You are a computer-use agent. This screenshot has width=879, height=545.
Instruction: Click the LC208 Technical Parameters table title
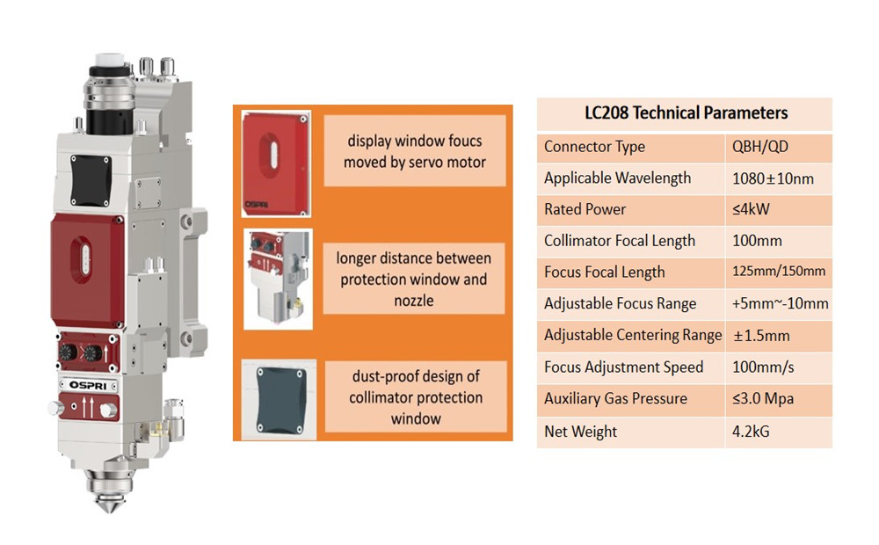pos(686,113)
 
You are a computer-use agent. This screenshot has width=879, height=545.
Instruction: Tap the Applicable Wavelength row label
pos(617,178)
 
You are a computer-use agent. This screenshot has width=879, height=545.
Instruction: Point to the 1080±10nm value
pos(773,178)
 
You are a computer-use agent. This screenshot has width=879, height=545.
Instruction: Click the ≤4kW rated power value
pos(754,209)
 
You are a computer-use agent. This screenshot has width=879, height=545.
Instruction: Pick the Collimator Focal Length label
pos(619,241)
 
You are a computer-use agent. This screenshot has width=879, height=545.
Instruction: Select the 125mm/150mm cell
pos(778,272)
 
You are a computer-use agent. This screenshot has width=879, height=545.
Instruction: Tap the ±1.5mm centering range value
pos(760,335)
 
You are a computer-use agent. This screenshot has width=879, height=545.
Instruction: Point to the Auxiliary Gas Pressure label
pos(615,398)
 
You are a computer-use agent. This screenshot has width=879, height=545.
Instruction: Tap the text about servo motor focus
pos(414,151)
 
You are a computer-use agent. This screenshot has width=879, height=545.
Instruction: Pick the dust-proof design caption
pos(415,397)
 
